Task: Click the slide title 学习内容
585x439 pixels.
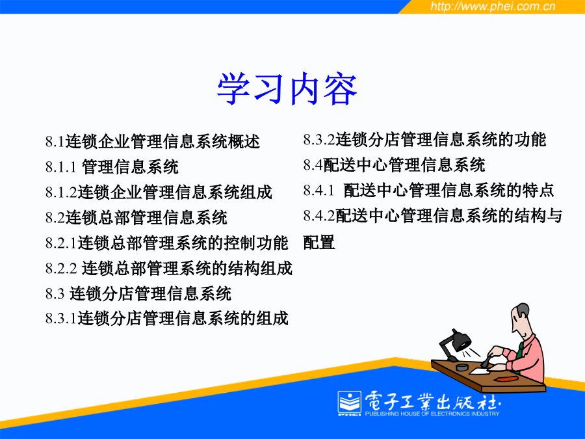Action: coord(287,89)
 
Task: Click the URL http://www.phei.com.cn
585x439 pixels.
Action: coord(493,7)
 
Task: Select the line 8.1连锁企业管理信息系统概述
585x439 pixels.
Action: coord(153,142)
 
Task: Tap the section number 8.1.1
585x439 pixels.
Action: coord(61,167)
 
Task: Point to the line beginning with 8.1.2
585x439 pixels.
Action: coord(159,193)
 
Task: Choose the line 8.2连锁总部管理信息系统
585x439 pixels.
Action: coord(136,218)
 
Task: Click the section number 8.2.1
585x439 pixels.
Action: coord(61,243)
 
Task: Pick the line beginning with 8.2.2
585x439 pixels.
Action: coord(169,269)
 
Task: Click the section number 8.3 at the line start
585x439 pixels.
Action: coord(55,294)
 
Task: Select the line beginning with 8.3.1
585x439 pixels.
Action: coord(167,319)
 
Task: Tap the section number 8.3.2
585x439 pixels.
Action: coord(319,140)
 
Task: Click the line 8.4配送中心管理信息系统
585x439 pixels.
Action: coord(394,165)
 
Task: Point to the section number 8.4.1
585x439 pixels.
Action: coord(318,191)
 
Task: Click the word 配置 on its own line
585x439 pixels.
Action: coord(319,243)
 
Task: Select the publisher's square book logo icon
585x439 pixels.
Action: coord(350,403)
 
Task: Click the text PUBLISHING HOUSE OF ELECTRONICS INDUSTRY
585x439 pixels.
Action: coord(432,414)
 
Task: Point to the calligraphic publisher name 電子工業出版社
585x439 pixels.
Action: coord(432,401)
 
